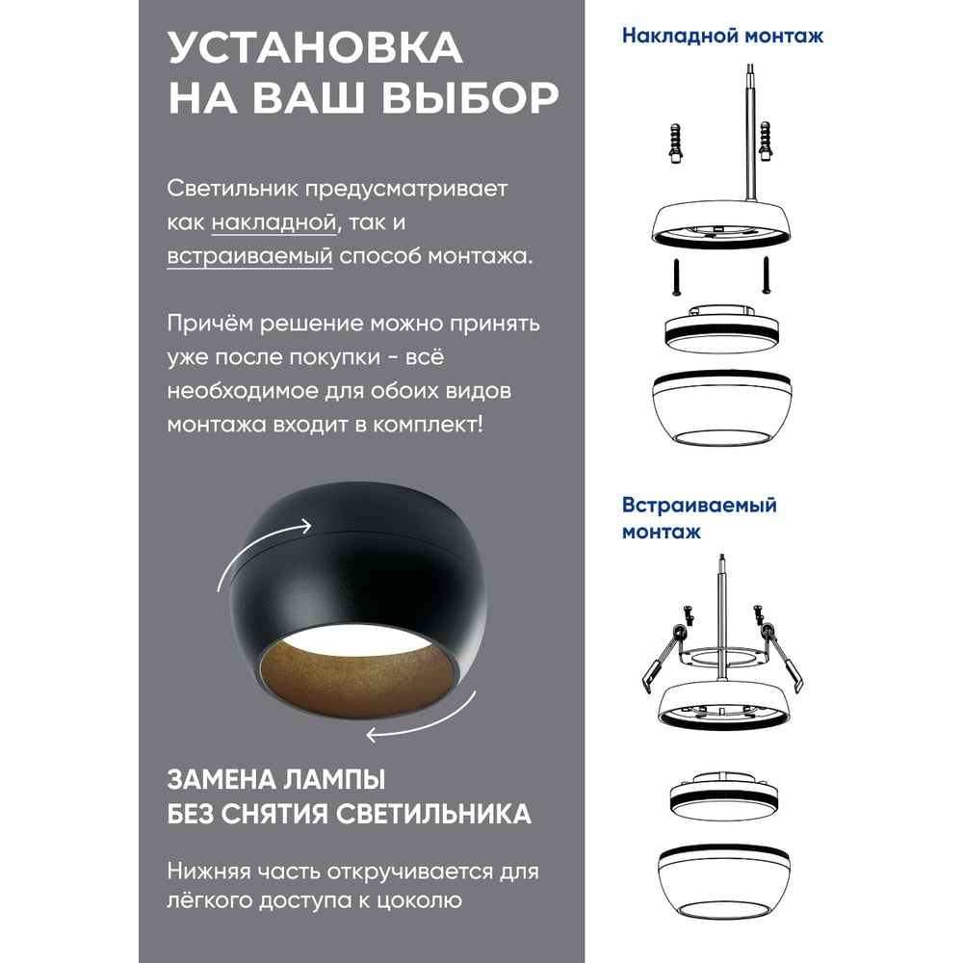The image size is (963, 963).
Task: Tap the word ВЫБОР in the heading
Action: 470,97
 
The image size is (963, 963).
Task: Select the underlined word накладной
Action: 274,221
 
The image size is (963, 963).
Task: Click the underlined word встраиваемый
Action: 250,255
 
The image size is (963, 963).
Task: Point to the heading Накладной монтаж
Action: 722,36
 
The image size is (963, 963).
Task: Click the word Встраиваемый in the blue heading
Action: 699,505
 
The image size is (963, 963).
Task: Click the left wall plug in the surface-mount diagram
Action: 676,143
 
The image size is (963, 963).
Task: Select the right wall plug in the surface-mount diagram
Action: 766,142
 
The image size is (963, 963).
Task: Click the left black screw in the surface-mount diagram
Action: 676,277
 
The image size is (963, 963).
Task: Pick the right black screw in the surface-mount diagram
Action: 766,274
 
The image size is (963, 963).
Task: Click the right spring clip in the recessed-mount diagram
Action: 782,657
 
